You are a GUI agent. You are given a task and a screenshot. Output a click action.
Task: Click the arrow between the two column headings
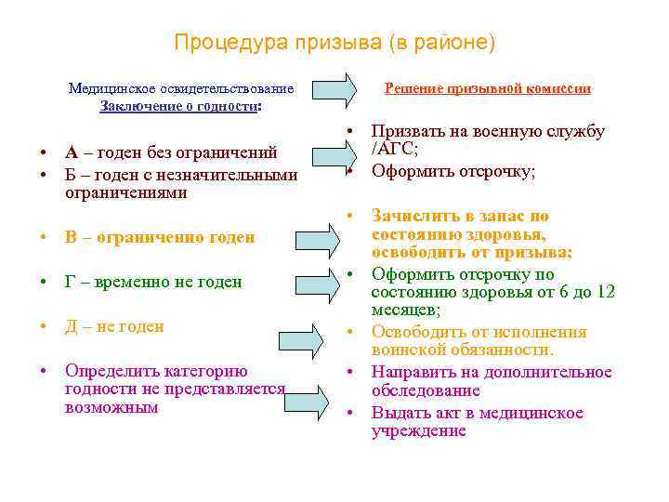tap(334, 89)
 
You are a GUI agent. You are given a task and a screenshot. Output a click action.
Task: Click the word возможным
tap(111, 407)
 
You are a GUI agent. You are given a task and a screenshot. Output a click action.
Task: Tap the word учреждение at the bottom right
tap(418, 431)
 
